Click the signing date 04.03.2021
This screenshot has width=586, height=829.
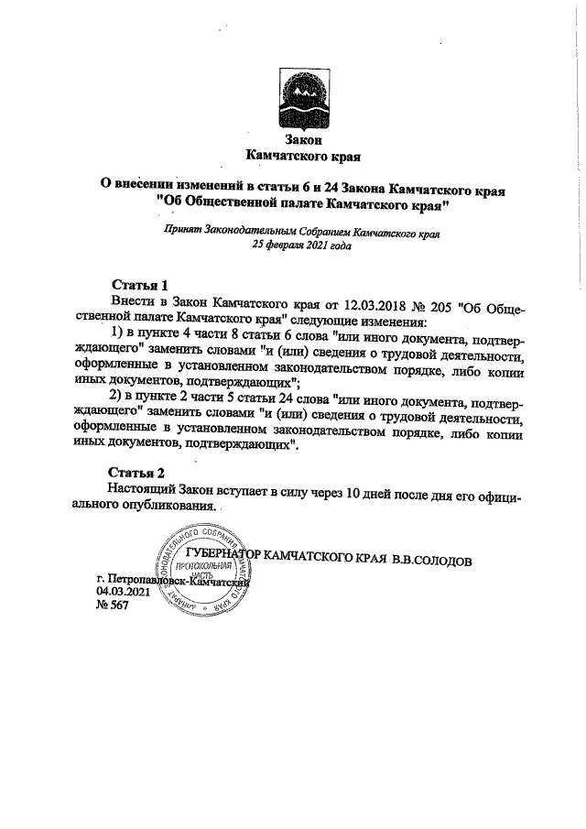123,593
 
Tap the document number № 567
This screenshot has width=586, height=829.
113,607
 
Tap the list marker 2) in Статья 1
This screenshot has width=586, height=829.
116,420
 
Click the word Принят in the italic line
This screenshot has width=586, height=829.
180,233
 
